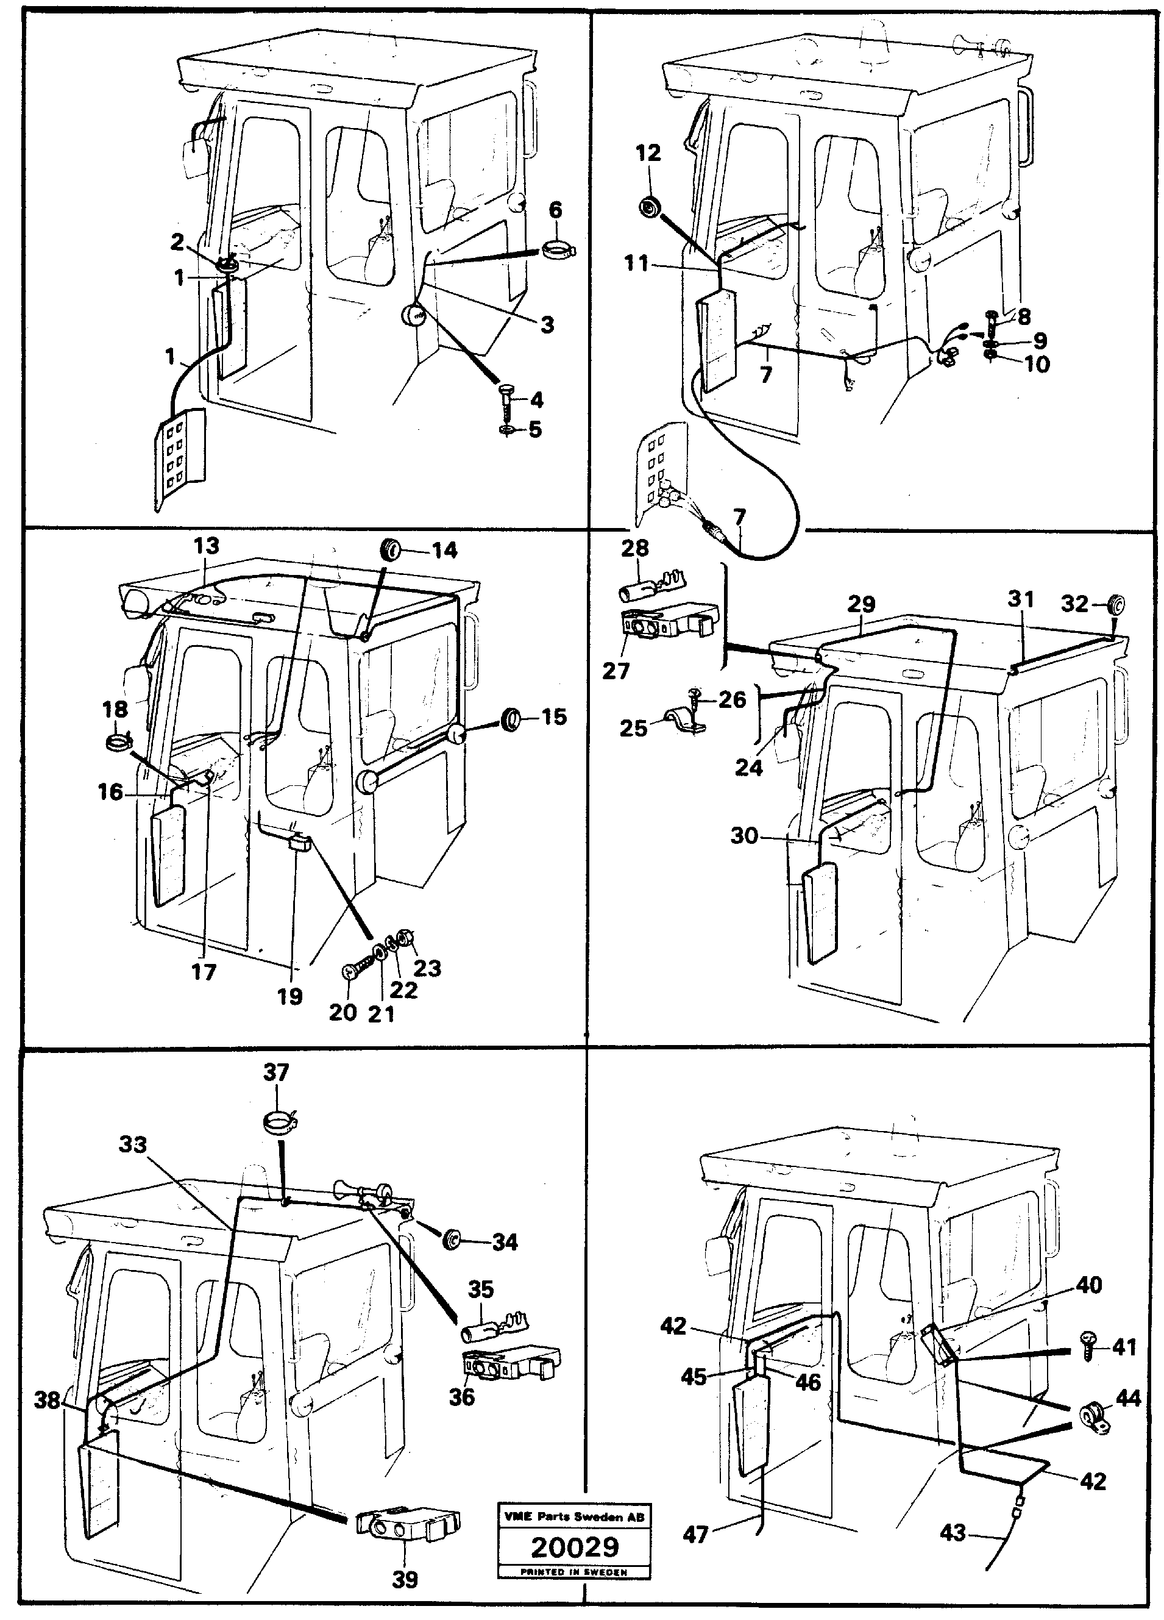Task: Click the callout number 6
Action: tap(555, 210)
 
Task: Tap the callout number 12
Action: tap(648, 154)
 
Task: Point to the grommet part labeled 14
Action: tap(390, 549)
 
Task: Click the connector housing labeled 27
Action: tap(665, 624)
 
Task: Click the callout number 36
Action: tap(461, 1396)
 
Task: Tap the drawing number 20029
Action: tap(574, 1547)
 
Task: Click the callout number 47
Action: tap(695, 1534)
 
